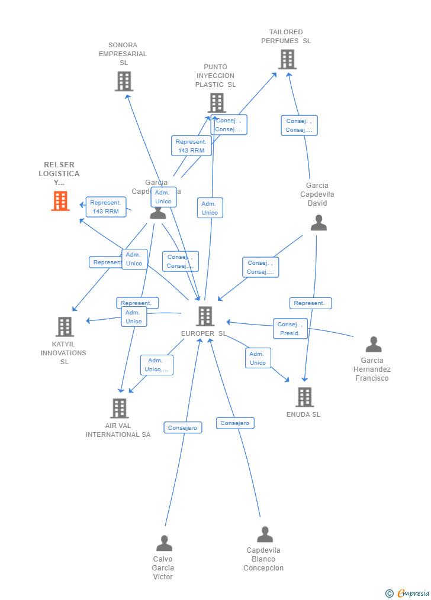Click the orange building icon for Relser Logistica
click(60, 201)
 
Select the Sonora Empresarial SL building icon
click(124, 81)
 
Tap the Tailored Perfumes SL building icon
click(287, 59)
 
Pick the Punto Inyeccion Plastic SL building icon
click(216, 103)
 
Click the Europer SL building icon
click(205, 316)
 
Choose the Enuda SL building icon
click(304, 397)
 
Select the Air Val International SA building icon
click(119, 408)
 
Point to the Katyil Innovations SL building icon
click(65, 326)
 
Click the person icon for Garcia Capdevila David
click(319, 223)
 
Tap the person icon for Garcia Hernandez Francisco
click(374, 344)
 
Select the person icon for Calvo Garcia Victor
click(164, 543)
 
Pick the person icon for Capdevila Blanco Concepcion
click(265, 534)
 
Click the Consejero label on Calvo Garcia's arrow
click(182, 427)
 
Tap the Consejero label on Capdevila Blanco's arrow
click(235, 423)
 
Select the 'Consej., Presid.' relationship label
click(290, 329)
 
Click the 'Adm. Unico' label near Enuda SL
click(258, 358)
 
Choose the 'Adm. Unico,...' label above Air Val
click(156, 365)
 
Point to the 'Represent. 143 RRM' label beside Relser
click(105, 207)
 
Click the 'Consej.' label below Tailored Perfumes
click(299, 125)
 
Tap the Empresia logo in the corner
click(409, 593)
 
